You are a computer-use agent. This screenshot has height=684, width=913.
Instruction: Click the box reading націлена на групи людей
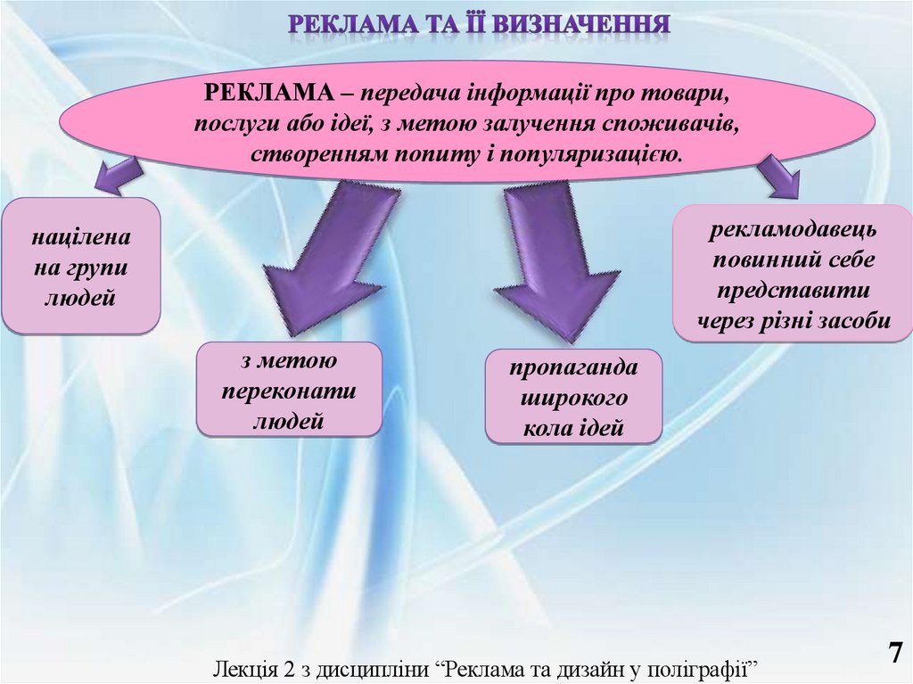tap(80, 266)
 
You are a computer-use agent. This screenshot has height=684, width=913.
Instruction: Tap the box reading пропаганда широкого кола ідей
tap(573, 398)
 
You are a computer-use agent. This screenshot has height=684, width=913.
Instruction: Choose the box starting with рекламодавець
tap(794, 274)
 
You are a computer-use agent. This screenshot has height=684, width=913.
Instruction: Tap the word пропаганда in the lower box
tap(573, 367)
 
